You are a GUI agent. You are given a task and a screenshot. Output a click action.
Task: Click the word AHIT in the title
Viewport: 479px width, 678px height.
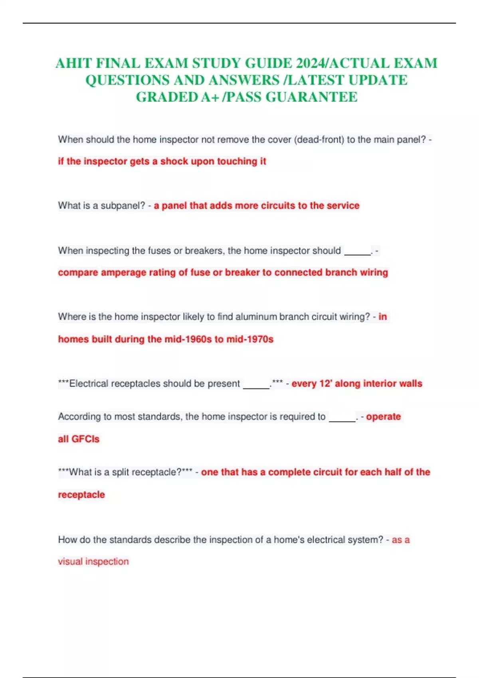click(x=73, y=63)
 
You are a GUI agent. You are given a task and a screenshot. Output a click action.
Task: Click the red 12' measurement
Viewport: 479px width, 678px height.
click(x=326, y=384)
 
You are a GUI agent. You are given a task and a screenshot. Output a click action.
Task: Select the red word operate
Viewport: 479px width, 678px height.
click(x=383, y=417)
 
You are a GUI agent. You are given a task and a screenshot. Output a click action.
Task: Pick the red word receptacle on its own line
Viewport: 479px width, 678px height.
click(x=81, y=495)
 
